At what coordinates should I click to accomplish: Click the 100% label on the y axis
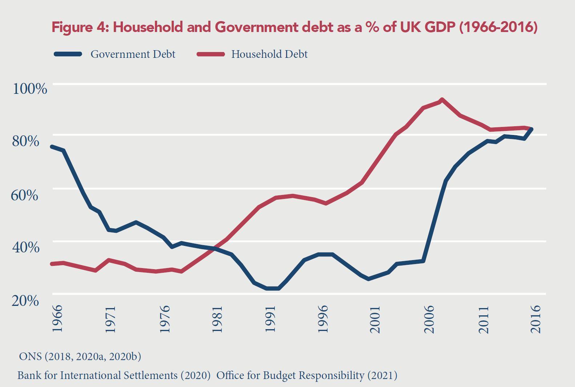(30, 88)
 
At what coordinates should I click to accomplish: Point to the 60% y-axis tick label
(25, 195)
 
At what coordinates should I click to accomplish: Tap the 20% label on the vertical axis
(25, 300)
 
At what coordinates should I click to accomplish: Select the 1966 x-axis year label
(57, 319)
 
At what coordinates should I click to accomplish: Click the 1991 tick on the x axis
(270, 319)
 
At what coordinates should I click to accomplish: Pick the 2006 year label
(429, 319)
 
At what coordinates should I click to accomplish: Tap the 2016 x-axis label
(536, 319)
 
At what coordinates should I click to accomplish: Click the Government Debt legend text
(133, 54)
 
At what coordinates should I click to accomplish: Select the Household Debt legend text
(269, 54)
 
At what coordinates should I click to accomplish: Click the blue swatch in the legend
(68, 54)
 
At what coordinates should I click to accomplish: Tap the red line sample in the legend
(211, 54)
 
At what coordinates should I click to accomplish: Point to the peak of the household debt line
(442, 100)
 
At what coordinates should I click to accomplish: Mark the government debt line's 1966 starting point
(52, 147)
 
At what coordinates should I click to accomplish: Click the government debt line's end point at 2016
(532, 129)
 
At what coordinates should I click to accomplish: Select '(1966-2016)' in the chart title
(498, 27)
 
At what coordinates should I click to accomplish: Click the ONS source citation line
(80, 356)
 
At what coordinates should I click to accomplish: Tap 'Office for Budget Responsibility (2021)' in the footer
(307, 375)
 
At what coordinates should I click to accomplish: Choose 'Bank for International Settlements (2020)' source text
(114, 375)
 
